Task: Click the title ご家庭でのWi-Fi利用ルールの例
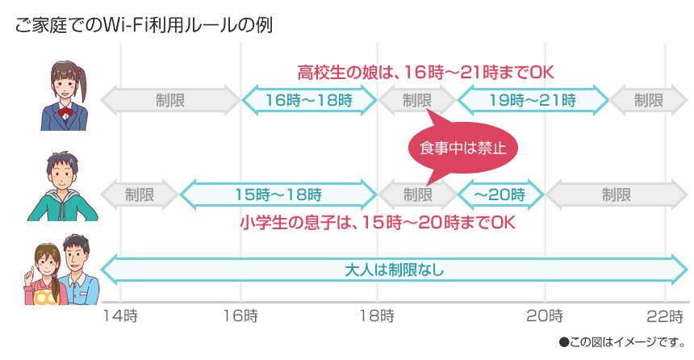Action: pyautogui.click(x=144, y=23)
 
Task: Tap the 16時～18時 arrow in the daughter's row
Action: pyautogui.click(x=309, y=100)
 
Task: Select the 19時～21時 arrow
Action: pyautogui.click(x=533, y=100)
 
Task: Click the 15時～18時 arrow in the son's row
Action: pyautogui.click(x=278, y=195)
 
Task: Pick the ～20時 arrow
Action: pyautogui.click(x=500, y=195)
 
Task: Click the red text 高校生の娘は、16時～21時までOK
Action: pyautogui.click(x=425, y=73)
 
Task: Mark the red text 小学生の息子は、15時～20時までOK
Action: pyautogui.click(x=377, y=222)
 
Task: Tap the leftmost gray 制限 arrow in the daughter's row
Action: pyautogui.click(x=170, y=100)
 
